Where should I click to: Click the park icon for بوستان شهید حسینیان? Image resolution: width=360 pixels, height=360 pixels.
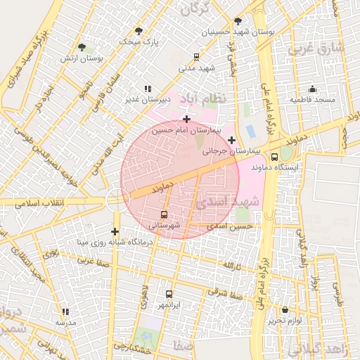238,21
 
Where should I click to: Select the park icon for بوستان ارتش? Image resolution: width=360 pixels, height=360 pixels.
82,48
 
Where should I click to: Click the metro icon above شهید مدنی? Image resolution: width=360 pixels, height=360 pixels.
196,57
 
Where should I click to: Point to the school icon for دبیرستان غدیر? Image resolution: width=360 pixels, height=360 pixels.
148,89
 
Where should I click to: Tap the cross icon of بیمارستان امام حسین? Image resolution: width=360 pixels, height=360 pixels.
186,119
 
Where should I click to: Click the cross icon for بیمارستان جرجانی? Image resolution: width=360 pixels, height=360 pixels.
231,140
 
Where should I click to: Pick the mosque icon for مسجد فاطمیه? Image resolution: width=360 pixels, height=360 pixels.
312,89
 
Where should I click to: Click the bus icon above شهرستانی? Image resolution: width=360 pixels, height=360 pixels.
165,214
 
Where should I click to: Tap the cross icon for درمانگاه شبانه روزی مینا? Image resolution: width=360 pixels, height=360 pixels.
115,231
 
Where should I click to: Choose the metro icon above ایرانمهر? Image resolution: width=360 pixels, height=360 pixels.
168,294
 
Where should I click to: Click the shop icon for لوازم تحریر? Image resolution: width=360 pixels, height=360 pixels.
285,309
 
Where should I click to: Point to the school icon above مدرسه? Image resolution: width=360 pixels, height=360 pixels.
65,311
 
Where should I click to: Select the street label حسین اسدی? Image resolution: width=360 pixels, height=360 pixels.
234,226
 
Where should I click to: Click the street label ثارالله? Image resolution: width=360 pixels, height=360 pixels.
232,266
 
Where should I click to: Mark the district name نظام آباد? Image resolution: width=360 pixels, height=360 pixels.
203,98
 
